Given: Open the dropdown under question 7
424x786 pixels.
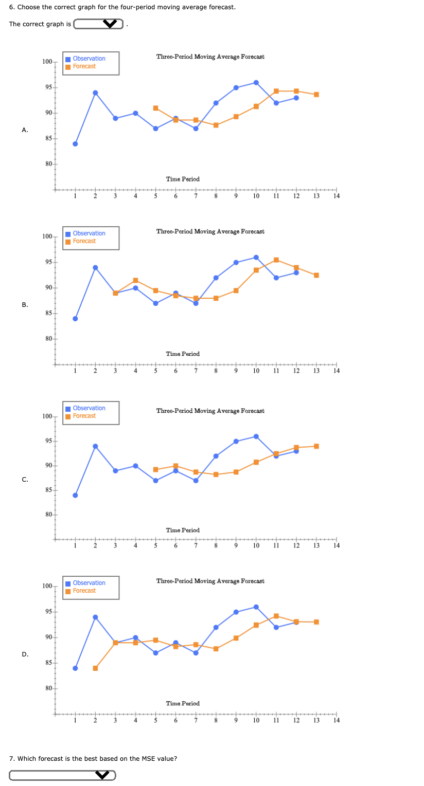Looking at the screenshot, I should pos(62,775).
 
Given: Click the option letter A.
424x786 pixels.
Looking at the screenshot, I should pos(25,130).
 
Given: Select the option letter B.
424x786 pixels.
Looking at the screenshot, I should pos(25,305).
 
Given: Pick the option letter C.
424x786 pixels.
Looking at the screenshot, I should pos(25,480).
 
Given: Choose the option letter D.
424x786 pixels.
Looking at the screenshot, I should pos(25,654).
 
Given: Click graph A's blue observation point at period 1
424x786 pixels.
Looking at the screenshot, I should pos(75,144).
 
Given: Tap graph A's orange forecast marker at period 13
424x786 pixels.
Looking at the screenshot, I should pos(316,95).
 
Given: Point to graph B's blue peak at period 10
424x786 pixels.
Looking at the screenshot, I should pos(256,257).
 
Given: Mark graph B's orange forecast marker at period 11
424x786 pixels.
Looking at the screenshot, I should pos(276,260).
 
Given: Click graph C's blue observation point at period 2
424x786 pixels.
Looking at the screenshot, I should pos(95,446).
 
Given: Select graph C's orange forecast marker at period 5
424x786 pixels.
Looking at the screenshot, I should pos(155,469).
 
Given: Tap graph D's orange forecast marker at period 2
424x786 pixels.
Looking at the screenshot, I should pos(95,668).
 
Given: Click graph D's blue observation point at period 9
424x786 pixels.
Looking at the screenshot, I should pos(236,612).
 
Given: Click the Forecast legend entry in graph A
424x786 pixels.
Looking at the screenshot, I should pos(84,66).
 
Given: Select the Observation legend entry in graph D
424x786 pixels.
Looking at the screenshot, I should pos(89,583).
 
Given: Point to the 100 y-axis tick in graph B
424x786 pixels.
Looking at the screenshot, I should pos(47,236).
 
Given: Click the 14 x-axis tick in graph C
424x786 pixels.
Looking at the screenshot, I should pos(337,545).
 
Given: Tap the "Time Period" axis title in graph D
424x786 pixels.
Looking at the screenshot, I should pos(183,703).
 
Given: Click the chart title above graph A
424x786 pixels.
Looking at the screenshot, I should pos(210,57).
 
